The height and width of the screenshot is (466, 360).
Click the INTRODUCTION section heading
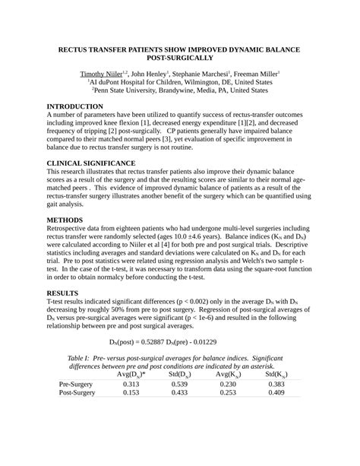coord(86,106)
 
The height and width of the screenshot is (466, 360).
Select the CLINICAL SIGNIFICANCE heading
coord(103,163)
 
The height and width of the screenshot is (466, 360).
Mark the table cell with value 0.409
coord(276,393)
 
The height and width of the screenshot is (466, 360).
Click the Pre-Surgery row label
coord(77,384)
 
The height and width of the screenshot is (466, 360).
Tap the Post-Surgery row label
coord(77,393)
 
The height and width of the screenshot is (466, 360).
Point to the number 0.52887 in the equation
coord(159,341)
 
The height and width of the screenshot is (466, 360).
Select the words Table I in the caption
coord(80,357)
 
